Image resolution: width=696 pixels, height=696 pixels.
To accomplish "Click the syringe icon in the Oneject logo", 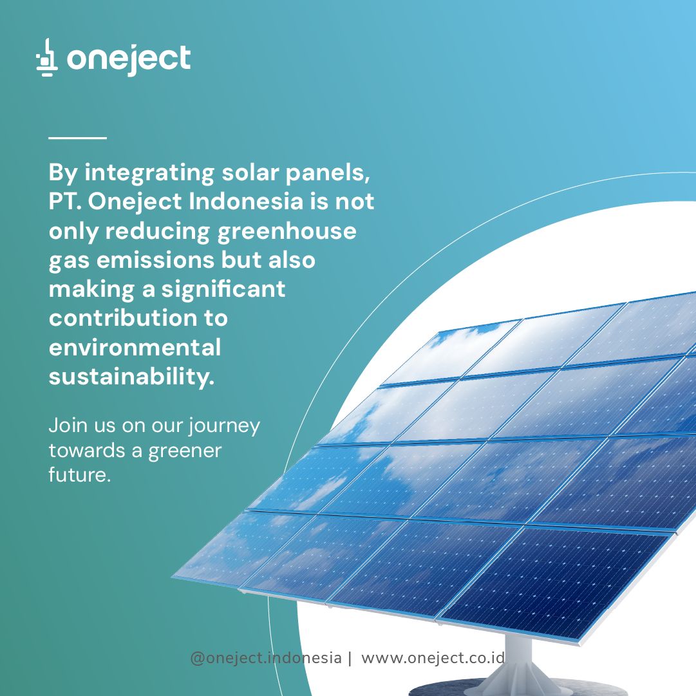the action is [46, 57].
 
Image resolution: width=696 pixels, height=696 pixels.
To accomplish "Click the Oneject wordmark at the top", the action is [129, 60].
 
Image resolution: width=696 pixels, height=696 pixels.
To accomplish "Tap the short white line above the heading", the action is [78, 138].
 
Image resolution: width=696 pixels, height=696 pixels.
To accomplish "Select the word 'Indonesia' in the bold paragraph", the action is [247, 202].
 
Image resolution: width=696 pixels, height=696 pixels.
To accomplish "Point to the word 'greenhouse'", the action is [287, 232].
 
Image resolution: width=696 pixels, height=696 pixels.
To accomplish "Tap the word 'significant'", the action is [223, 290].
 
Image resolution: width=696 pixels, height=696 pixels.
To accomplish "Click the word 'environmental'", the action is [135, 348].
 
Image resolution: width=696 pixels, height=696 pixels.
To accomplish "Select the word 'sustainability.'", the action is [132, 377].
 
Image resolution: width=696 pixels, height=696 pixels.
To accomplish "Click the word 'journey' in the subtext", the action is [223, 426].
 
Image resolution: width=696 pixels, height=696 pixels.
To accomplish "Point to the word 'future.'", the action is [79, 475].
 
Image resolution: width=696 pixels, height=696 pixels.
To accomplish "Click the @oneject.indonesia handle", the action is [266, 658].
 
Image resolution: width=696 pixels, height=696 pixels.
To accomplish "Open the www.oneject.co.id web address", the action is [433, 657].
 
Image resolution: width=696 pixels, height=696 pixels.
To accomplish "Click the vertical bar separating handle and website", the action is [350, 658].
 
